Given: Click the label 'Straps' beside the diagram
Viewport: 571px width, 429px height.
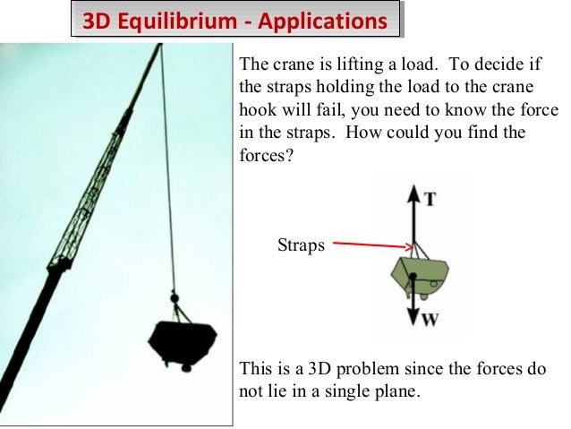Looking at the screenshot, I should (x=301, y=245).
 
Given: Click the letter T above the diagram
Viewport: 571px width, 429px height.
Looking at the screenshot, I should (x=430, y=200).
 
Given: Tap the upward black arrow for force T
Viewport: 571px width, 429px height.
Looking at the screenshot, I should (x=413, y=215).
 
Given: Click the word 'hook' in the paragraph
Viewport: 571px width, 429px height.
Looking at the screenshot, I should (x=259, y=110).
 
